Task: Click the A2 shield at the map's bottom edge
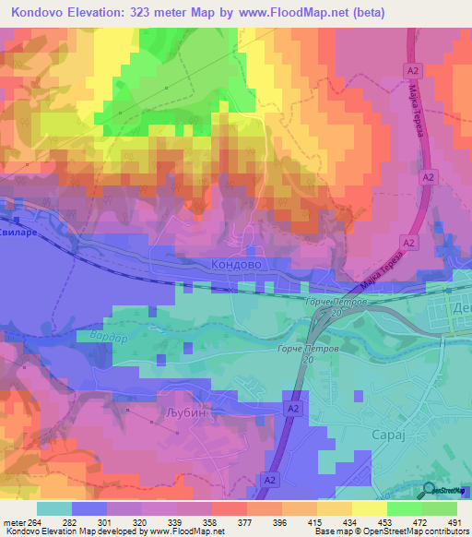click(x=270, y=480)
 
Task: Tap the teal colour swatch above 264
click(x=54, y=508)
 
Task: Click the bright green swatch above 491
click(x=440, y=508)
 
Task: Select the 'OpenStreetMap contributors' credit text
click(x=415, y=531)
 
